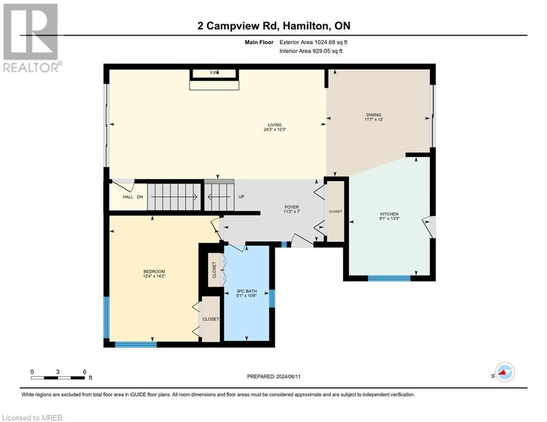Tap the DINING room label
click(x=373, y=115)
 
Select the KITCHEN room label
click(x=389, y=214)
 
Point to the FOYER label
click(x=291, y=207)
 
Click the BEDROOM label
click(x=154, y=271)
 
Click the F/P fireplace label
click(x=214, y=73)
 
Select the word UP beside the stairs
click(x=241, y=196)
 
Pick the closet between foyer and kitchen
click(x=335, y=211)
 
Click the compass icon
click(x=504, y=373)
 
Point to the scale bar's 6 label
click(x=84, y=371)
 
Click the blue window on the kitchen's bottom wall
click(x=389, y=279)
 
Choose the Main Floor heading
click(x=259, y=41)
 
